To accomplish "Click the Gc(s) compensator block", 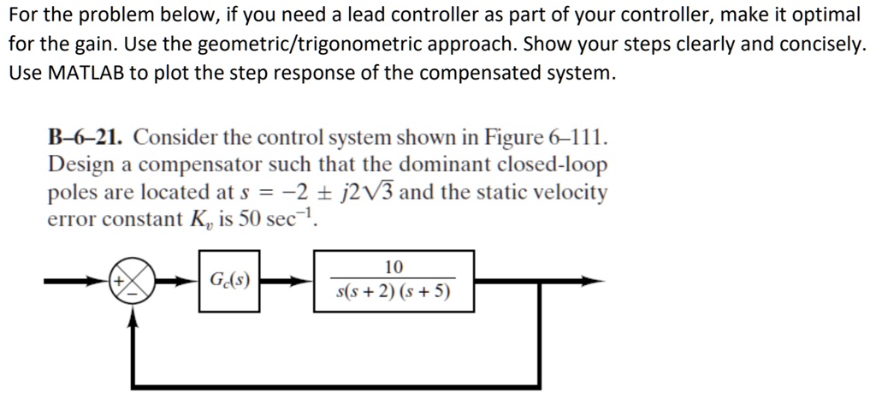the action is tap(229, 281).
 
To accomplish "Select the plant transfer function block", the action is tap(394, 281).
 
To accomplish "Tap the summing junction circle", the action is tap(133, 281).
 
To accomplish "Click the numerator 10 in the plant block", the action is tap(394, 267).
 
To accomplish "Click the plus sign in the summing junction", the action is tap(118, 281).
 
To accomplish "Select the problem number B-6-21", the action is tap(85, 136).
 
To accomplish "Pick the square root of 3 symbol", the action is tap(386, 193).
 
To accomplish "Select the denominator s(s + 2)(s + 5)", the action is tap(394, 293).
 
